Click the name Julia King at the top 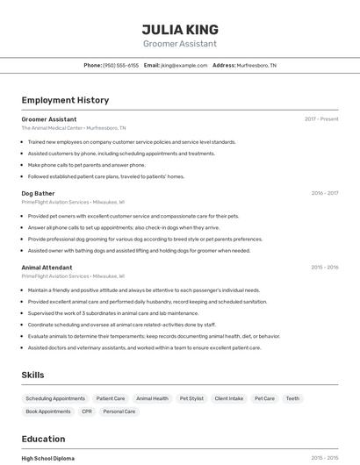(x=180, y=29)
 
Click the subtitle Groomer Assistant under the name (x=180, y=44)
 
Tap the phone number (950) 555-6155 (x=120, y=66)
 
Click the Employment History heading (x=65, y=100)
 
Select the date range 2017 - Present (x=321, y=119)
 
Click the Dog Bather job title (x=38, y=193)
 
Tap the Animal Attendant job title (x=47, y=267)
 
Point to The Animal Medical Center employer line (x=67, y=128)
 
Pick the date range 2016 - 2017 (x=325, y=193)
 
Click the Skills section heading (x=32, y=375)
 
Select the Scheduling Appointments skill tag (x=55, y=398)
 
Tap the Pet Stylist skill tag (x=191, y=398)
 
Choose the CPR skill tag (x=87, y=411)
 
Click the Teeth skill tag (x=292, y=398)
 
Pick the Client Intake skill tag (x=229, y=398)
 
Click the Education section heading (x=43, y=439)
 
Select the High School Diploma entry (x=47, y=458)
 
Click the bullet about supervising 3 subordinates (x=112, y=313)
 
